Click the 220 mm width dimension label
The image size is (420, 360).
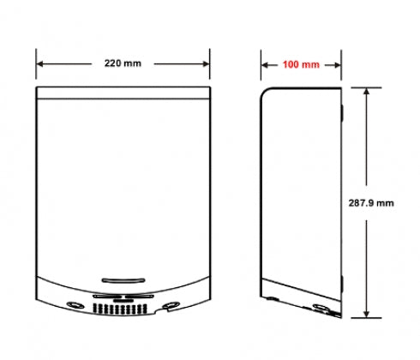pyautogui.click(x=123, y=63)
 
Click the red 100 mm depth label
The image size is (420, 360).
pyautogui.click(x=301, y=64)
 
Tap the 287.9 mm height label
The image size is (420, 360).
pyautogui.click(x=371, y=203)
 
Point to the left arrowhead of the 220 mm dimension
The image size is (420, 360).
pyautogui.click(x=39, y=64)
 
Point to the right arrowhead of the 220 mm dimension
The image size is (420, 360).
pyautogui.click(x=206, y=64)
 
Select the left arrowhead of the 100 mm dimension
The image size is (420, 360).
pyautogui.click(x=265, y=65)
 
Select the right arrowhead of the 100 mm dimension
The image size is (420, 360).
pyautogui.click(x=337, y=65)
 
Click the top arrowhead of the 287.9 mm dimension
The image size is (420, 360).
pyautogui.click(x=367, y=92)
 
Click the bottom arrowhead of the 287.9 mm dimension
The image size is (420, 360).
pyautogui.click(x=367, y=314)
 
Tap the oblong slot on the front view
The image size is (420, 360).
pyautogui.click(x=123, y=280)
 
